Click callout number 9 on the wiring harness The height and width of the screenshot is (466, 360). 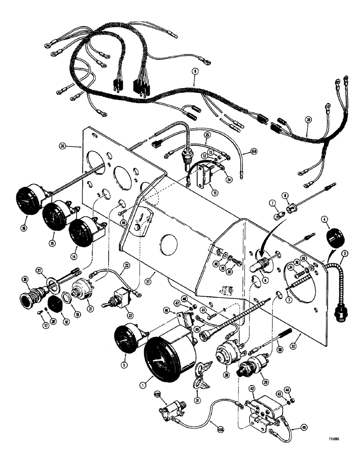point(194,72)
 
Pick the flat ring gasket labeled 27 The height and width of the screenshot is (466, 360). point(51,284)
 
